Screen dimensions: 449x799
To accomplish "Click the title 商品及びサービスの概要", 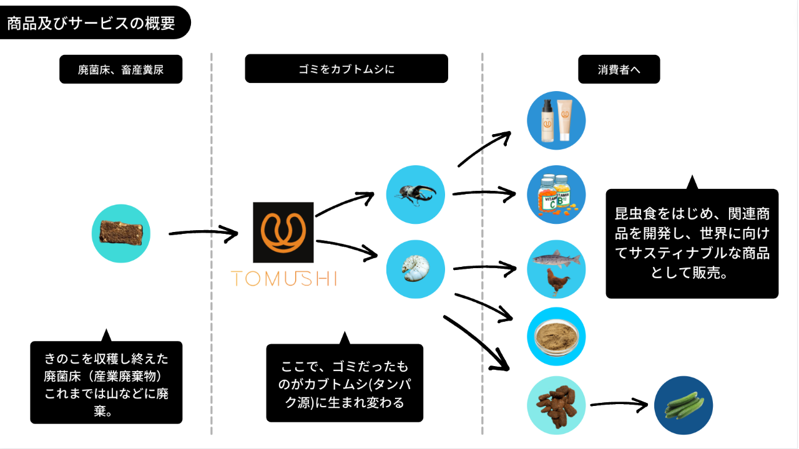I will pos(91,24).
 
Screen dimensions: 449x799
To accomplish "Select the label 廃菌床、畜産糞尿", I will pos(120,70).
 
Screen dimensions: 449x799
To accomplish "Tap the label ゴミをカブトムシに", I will pos(346,69).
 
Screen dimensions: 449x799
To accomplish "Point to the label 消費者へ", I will pos(619,70).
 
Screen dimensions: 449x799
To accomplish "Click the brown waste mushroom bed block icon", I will pos(121,233).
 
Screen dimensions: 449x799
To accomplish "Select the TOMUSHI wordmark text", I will pos(283,278).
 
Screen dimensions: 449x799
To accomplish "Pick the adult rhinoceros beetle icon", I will pos(415,195).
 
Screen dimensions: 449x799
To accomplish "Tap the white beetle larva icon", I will pos(415,269).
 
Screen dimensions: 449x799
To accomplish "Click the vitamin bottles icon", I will pos(556,195).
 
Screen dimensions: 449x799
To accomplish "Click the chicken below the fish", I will pos(556,282).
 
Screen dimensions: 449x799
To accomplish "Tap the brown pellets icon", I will pos(556,405).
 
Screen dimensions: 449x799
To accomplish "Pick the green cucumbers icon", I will pos(684,405).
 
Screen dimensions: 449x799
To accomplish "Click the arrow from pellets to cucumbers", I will pos(619,404).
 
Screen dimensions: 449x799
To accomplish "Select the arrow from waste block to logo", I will pos(203,234).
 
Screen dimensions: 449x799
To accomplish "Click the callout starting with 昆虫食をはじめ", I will pos(692,243).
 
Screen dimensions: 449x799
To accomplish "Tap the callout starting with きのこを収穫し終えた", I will pos(106,382).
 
